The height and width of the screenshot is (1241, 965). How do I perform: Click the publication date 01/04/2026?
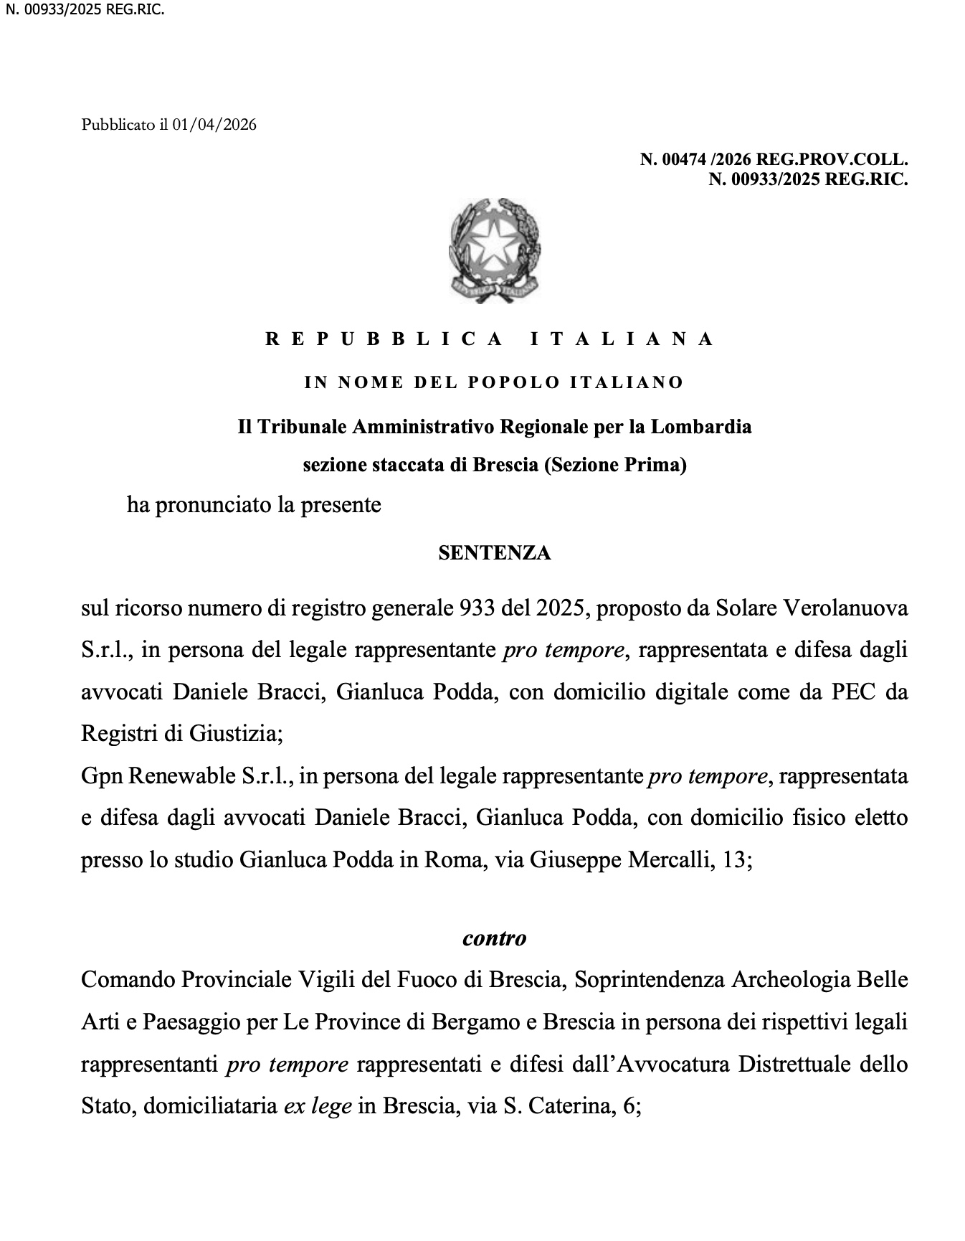tap(214, 125)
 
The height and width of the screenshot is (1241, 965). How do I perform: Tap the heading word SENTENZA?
tap(494, 553)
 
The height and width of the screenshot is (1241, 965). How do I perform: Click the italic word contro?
tap(494, 938)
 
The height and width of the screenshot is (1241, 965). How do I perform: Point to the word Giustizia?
tap(237, 734)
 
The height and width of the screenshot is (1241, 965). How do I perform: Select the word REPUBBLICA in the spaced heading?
tap(384, 339)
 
